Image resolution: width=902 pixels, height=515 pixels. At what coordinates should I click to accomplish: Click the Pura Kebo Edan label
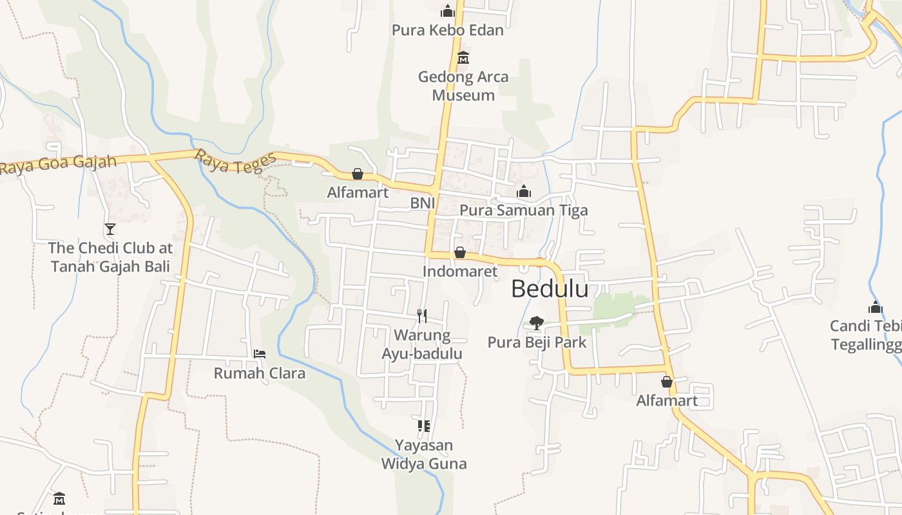(448, 30)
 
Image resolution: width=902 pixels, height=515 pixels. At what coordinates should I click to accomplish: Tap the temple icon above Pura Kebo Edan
(448, 11)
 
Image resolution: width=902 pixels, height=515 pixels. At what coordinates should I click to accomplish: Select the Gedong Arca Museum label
(463, 86)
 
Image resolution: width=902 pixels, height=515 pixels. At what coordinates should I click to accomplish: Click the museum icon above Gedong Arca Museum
(463, 58)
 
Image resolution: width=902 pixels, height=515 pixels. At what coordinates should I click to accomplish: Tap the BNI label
(423, 203)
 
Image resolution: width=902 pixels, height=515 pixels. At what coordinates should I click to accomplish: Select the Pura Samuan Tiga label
(523, 211)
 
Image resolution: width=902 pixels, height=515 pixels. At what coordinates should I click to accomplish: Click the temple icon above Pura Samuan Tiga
(524, 191)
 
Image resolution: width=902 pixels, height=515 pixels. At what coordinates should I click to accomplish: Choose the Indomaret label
(460, 271)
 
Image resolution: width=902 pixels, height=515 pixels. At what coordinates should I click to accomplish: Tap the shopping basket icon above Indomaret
(460, 252)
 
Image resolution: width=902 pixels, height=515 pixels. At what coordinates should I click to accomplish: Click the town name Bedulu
(550, 289)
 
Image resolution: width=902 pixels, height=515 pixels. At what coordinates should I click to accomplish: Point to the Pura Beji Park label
(537, 342)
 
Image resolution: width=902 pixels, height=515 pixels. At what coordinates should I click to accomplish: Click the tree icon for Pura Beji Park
(536, 323)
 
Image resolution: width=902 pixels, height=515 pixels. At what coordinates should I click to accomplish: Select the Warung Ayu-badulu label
(422, 344)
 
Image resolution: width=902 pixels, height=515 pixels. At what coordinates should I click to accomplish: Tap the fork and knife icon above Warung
(422, 315)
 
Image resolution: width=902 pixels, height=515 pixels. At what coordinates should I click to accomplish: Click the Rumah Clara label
(260, 373)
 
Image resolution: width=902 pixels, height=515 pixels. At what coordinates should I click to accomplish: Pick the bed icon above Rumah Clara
(260, 354)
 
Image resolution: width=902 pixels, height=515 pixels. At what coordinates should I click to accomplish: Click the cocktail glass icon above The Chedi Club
(110, 229)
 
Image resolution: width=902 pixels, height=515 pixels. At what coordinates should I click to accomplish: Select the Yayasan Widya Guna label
(424, 454)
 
